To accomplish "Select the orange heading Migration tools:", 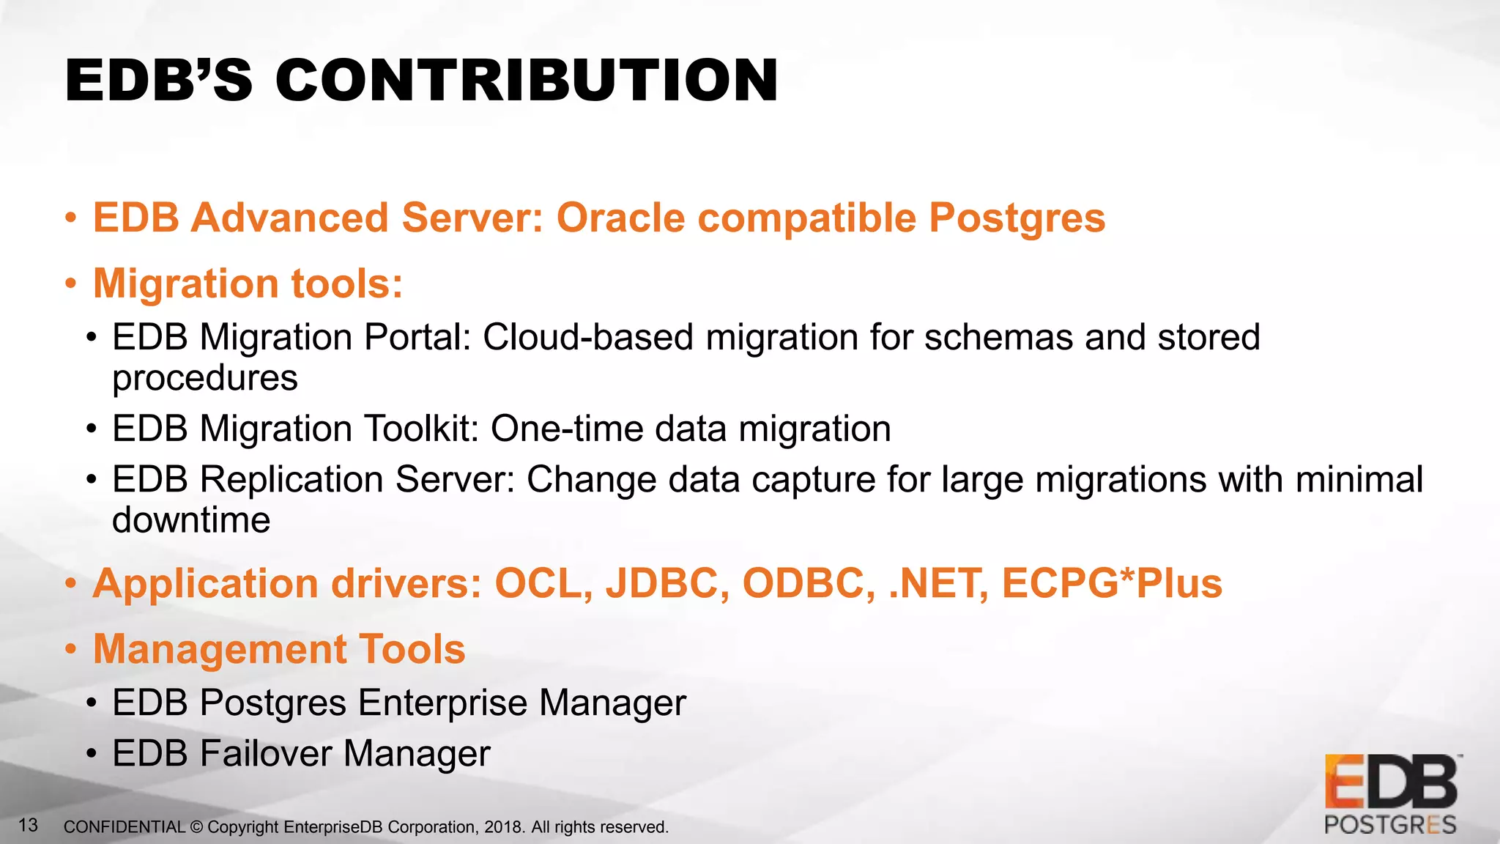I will click(248, 284).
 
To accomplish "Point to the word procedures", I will click(204, 378).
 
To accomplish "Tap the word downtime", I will click(191, 520).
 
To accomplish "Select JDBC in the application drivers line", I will click(667, 584).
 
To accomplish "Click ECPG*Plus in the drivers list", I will click(1112, 584).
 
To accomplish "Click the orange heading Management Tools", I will click(279, 649).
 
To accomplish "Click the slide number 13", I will click(28, 826).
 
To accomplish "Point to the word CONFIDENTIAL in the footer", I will click(125, 827).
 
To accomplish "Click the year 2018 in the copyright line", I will click(503, 827).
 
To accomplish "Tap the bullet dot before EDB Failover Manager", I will click(91, 755).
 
